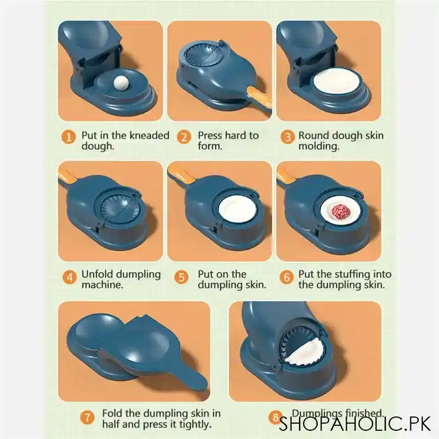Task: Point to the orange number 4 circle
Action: pos(69,277)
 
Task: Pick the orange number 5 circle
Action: pos(183,277)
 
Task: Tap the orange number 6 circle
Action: pos(287,277)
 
